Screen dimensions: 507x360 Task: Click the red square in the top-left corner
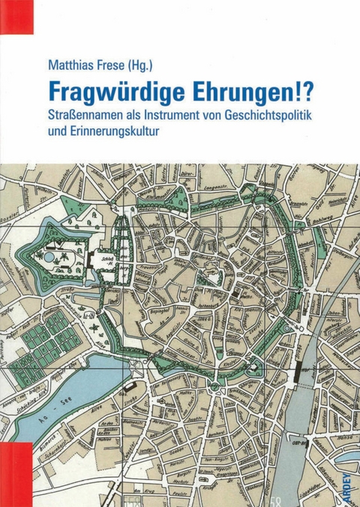(x=16, y=16)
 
